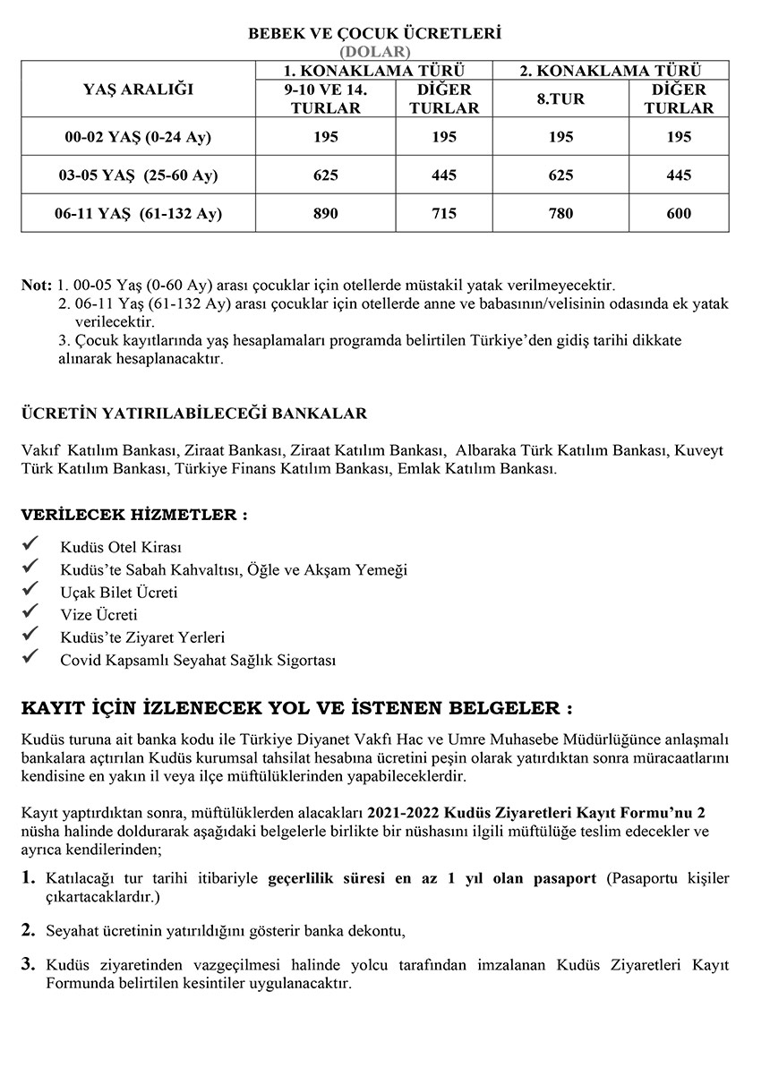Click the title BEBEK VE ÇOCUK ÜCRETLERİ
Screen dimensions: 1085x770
click(374, 34)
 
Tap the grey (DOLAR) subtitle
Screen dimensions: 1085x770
click(374, 52)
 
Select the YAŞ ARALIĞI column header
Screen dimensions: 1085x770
click(138, 90)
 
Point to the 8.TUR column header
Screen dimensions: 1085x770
click(560, 98)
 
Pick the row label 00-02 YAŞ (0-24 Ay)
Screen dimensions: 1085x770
click(138, 137)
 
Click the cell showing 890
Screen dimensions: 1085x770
click(326, 213)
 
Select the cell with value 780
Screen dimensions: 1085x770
click(560, 213)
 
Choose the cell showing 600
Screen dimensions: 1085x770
click(679, 213)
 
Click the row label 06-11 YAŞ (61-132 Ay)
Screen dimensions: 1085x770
click(138, 213)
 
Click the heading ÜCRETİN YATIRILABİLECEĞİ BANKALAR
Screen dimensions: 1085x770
click(194, 414)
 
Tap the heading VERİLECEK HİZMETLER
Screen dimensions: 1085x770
click(134, 516)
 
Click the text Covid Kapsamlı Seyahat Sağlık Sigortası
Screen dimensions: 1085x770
click(197, 661)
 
